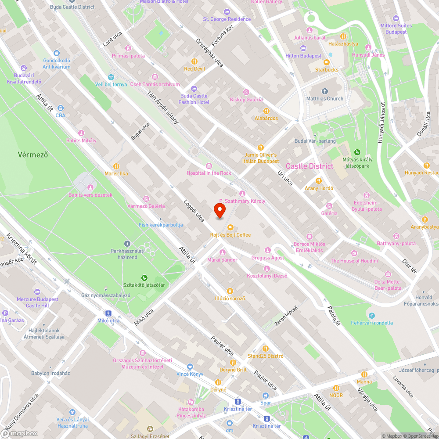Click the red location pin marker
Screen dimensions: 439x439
(219, 210)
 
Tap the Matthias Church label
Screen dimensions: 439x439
(325, 99)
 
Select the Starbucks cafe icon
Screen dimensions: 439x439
(326, 62)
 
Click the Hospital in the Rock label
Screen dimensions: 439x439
(209, 173)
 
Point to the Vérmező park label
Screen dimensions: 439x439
(32, 155)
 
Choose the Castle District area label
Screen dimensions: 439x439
(309, 166)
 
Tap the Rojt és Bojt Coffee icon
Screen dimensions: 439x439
(230, 227)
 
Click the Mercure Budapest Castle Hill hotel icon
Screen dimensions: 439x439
(37, 291)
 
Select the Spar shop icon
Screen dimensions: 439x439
(266, 395)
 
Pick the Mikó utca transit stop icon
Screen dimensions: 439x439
(108, 313)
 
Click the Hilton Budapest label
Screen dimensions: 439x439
(303, 56)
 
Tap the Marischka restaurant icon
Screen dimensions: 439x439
(116, 166)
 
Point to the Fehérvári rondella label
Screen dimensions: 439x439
(372, 323)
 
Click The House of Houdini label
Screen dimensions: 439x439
(354, 261)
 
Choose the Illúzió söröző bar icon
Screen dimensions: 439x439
(230, 291)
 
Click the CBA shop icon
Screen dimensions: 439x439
(60, 108)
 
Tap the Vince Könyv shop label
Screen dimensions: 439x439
(190, 374)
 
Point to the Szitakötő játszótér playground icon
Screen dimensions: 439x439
(144, 277)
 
